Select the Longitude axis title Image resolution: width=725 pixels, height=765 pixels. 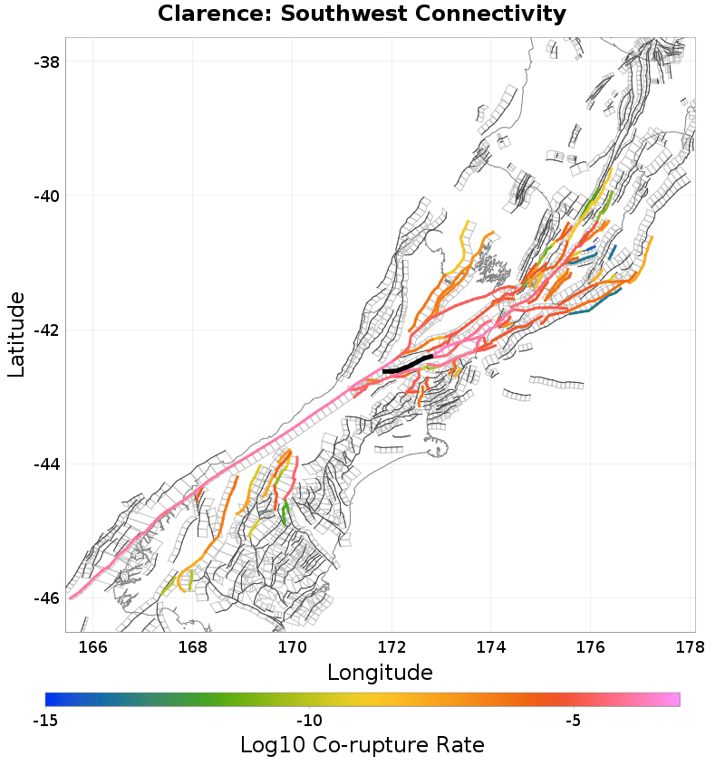pos(380,673)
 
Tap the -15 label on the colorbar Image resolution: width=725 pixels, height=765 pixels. pos(44,722)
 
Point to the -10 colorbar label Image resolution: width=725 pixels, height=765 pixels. pos(309,722)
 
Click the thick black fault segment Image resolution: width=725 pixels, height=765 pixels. pos(407,367)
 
